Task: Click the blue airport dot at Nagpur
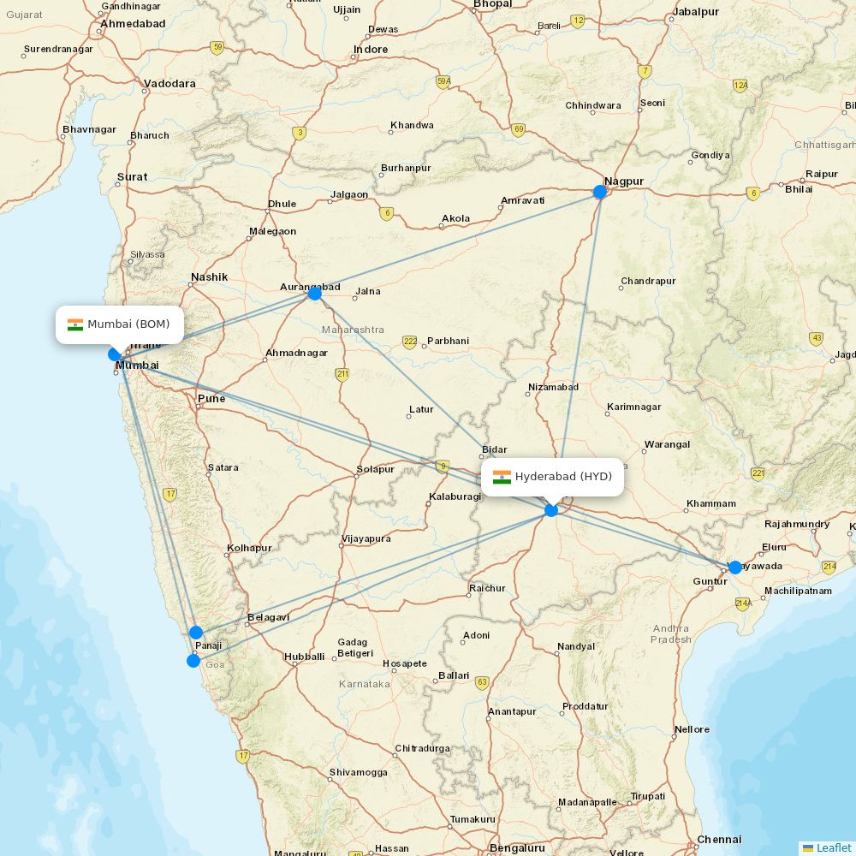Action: click(x=600, y=192)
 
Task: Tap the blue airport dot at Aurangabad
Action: click(x=315, y=294)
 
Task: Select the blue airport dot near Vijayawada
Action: click(x=734, y=567)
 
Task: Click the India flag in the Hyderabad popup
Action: click(x=502, y=477)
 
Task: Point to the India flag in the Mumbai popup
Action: click(x=75, y=324)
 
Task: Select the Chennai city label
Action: click(x=719, y=840)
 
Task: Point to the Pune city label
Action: click(x=211, y=398)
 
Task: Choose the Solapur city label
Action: click(x=376, y=469)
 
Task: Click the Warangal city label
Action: click(x=667, y=444)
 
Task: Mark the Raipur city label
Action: click(x=821, y=174)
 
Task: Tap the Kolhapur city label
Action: click(x=249, y=548)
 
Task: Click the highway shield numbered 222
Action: click(x=410, y=342)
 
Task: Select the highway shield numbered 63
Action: click(x=482, y=682)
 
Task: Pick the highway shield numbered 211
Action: click(x=342, y=374)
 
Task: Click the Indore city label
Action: click(x=371, y=49)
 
